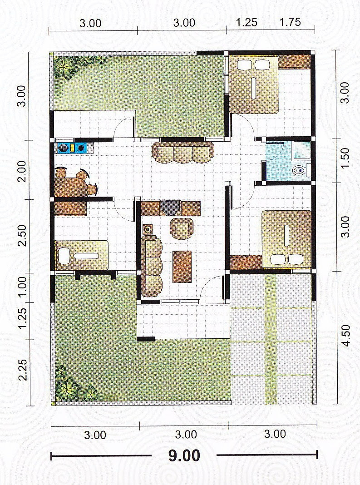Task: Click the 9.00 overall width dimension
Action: click(184, 455)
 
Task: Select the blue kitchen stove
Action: click(73, 148)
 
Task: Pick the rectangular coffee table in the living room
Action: click(182, 266)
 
